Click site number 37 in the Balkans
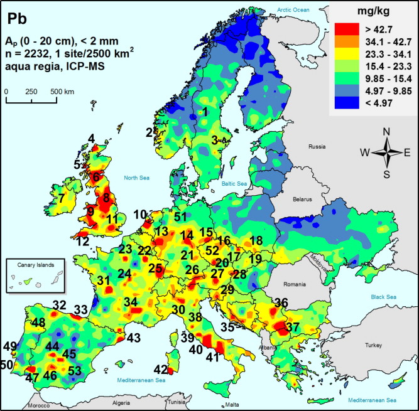tap(293, 328)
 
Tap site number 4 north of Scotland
tap(91, 138)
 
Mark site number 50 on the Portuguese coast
tap(7, 365)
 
